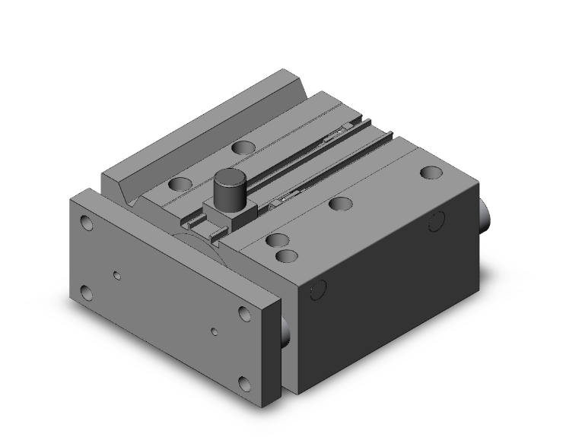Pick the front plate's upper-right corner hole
pos(245,314)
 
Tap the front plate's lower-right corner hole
pos(245,382)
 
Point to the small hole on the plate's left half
pos(116,275)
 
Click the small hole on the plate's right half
pos(215,332)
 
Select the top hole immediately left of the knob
pos(181,184)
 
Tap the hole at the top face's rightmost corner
pos(431,173)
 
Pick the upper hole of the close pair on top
pos(276,240)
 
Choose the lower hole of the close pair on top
pos(285,256)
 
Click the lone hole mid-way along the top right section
pos(340,203)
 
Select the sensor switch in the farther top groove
pos(335,137)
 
